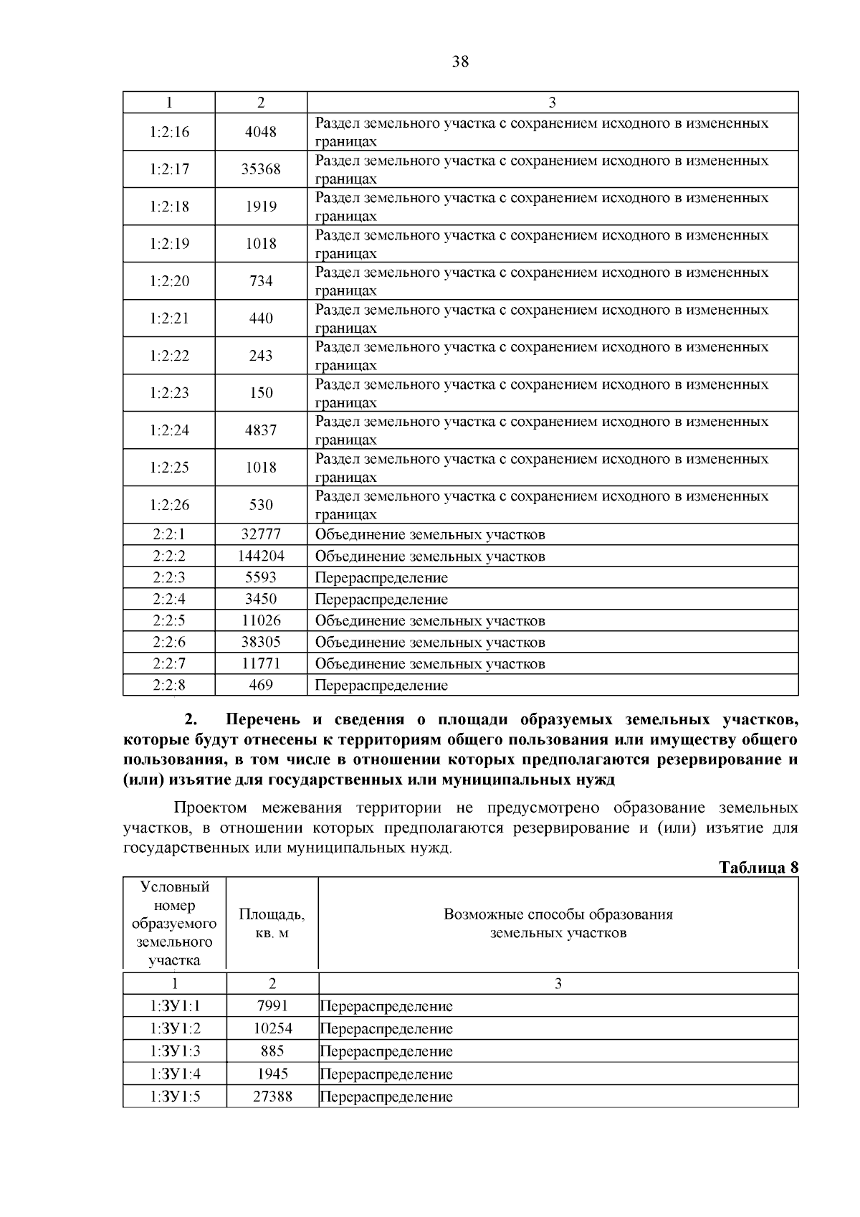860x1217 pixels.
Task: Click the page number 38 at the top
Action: pos(460,62)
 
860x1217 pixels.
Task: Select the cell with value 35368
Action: pos(261,169)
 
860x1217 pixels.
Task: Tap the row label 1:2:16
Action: pos(170,132)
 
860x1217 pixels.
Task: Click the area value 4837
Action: pos(261,430)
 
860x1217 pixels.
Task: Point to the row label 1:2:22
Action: pos(170,356)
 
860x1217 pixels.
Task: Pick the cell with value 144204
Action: pos(261,557)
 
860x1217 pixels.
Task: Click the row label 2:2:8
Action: pos(169,686)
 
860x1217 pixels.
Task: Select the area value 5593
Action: pos(261,578)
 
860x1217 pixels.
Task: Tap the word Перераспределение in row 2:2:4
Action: pos(381,600)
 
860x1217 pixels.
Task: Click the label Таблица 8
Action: pos(758,868)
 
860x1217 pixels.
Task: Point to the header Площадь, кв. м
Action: pos(272,924)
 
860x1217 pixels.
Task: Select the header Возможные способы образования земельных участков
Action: pos(558,924)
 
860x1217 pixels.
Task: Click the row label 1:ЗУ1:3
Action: pos(176,1051)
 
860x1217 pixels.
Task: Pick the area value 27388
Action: pos(272,1097)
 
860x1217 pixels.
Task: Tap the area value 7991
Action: pos(272,1006)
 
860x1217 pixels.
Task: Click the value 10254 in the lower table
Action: pos(272,1029)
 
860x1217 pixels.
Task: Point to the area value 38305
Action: pos(261,643)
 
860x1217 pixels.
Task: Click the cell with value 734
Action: pos(261,281)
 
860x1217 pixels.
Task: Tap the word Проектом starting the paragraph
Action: pos(210,808)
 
